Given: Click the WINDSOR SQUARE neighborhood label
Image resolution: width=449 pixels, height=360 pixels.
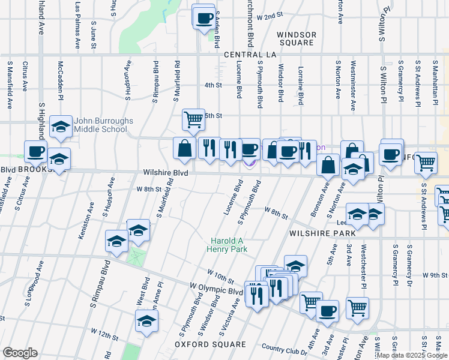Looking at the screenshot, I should pyautogui.click(x=296, y=39).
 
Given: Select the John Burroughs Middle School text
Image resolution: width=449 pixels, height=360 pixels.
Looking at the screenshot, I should pyautogui.click(x=103, y=125).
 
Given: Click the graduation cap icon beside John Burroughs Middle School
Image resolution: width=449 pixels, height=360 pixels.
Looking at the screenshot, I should pyautogui.click(x=61, y=125).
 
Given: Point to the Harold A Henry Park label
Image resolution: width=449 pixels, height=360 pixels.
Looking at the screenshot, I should pyautogui.click(x=227, y=244).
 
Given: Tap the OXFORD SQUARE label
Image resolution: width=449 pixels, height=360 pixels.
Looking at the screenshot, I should pyautogui.click(x=210, y=344).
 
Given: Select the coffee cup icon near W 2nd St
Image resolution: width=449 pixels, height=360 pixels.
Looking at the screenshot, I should pyautogui.click(x=205, y=17).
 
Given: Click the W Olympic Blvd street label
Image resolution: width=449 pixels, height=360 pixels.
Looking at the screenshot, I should pyautogui.click(x=216, y=290).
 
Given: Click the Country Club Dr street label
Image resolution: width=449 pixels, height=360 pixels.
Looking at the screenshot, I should pyautogui.click(x=281, y=348).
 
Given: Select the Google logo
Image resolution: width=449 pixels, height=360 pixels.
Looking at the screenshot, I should pyautogui.click(x=20, y=353).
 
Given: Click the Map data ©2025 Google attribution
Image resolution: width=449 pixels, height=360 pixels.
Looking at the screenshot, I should pyautogui.click(x=412, y=355).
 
